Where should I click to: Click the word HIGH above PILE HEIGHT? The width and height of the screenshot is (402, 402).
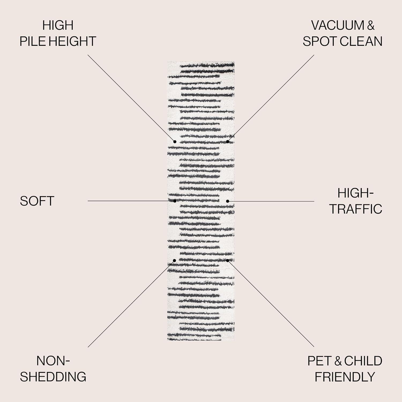pyautogui.click(x=58, y=25)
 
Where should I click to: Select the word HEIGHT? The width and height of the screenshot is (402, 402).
pyautogui.click(x=73, y=42)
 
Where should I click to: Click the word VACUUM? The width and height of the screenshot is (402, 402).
pyautogui.click(x=337, y=25)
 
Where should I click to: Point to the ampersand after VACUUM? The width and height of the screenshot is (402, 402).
pyautogui.click(x=371, y=25)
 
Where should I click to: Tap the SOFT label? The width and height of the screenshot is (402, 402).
pyautogui.click(x=37, y=201)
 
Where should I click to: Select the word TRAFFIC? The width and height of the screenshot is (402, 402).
pyautogui.click(x=356, y=209)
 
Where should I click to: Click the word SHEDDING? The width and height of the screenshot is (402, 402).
pyautogui.click(x=53, y=377)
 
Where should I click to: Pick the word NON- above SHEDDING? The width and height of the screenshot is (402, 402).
pyautogui.click(x=53, y=361)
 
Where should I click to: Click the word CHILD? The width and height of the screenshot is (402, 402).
pyautogui.click(x=363, y=361)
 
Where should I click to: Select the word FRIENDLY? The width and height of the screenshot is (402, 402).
pyautogui.click(x=345, y=377)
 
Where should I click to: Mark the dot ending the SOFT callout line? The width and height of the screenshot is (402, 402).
pyautogui.click(x=175, y=201)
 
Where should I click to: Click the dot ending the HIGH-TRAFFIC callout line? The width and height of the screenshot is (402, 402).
pyautogui.click(x=228, y=201)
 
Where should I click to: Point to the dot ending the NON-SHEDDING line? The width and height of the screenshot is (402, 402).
pyautogui.click(x=174, y=260)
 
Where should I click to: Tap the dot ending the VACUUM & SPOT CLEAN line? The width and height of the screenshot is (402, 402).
pyautogui.click(x=228, y=142)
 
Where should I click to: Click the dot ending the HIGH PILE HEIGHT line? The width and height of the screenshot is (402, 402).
pyautogui.click(x=175, y=142)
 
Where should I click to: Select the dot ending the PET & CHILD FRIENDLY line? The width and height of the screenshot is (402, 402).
pyautogui.click(x=228, y=260)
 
